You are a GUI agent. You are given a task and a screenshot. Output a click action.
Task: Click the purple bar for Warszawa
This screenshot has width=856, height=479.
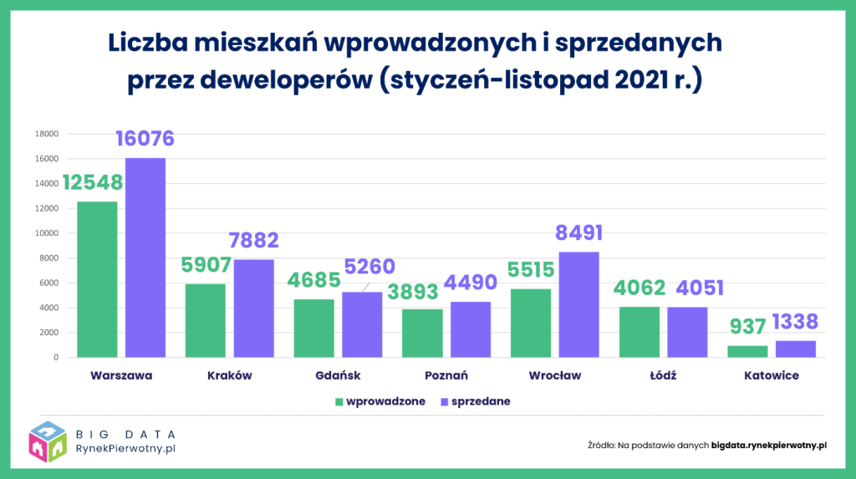pyautogui.click(x=145, y=257)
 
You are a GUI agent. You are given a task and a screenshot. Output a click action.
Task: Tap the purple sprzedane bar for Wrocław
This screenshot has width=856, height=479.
pyautogui.click(x=578, y=304)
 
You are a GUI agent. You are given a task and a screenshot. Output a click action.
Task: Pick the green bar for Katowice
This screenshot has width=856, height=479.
pyautogui.click(x=747, y=351)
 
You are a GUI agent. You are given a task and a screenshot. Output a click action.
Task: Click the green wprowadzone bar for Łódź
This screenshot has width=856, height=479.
pyautogui.click(x=639, y=332)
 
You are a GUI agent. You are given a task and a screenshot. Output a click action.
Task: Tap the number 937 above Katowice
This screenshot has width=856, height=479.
pyautogui.click(x=748, y=327)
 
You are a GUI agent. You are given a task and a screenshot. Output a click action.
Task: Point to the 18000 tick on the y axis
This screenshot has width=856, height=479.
pyautogui.click(x=46, y=134)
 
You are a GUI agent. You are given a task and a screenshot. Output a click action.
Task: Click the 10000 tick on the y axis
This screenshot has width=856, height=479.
pyautogui.click(x=46, y=233)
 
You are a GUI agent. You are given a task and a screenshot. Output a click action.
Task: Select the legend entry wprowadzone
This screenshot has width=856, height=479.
pyautogui.click(x=381, y=401)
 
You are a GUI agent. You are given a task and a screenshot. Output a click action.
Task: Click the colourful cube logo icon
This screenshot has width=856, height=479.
pyautogui.click(x=49, y=441)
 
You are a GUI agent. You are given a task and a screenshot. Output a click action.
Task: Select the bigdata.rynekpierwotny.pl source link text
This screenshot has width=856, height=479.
pyautogui.click(x=768, y=445)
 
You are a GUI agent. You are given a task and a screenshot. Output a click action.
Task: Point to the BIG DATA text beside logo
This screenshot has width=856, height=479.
pyautogui.click(x=125, y=434)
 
